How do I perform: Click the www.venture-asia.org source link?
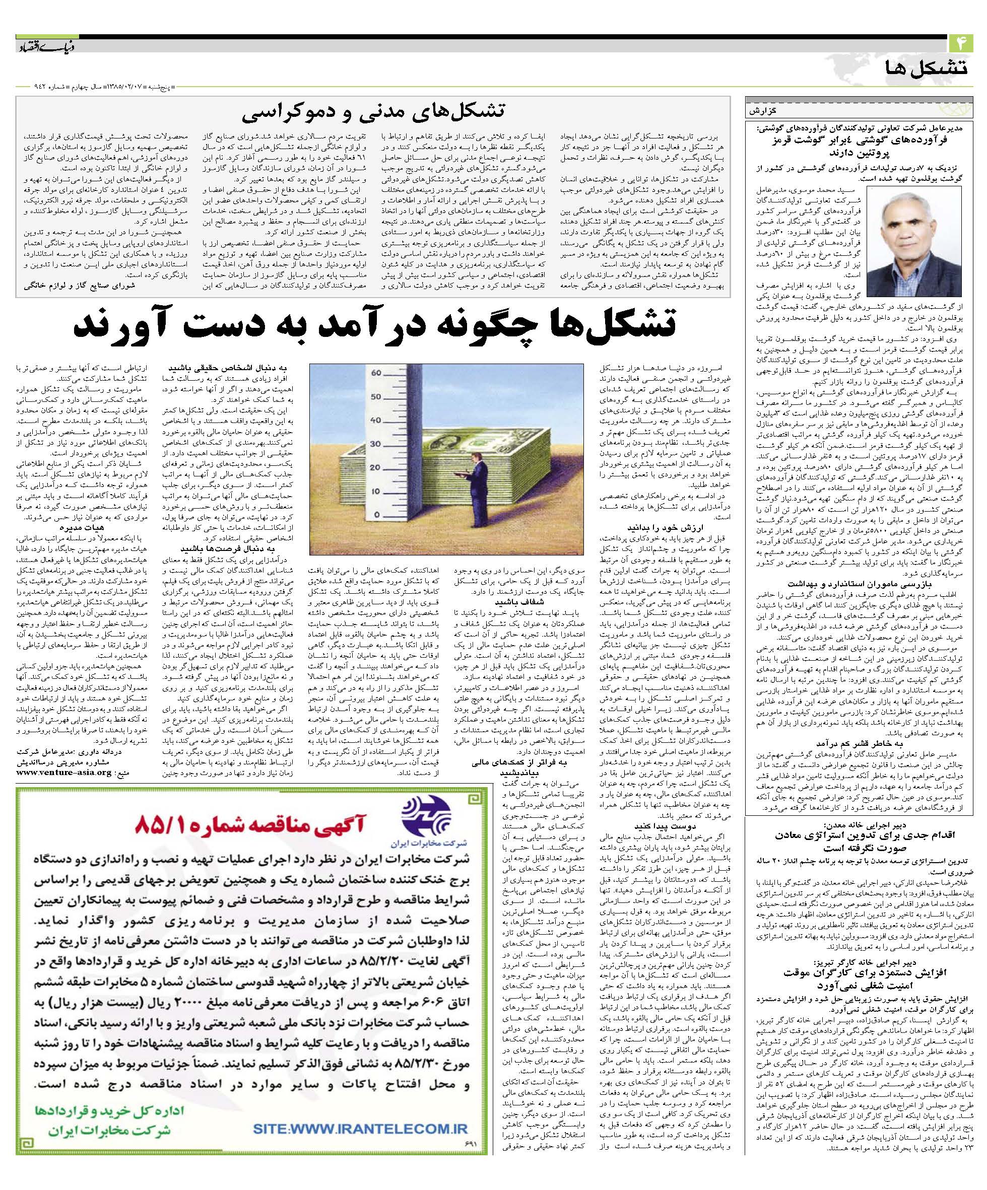coord(64,772)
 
